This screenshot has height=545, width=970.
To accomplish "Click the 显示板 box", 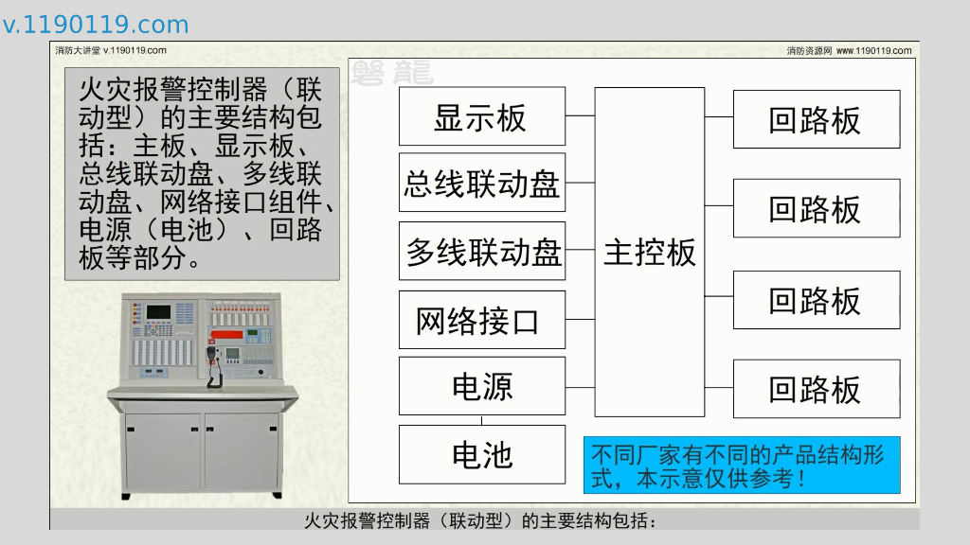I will tap(481, 116).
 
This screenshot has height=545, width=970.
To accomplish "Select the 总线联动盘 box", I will tap(481, 183).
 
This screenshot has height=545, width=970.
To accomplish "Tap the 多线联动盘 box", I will tap(481, 251).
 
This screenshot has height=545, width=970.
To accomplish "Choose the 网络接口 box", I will tap(481, 320).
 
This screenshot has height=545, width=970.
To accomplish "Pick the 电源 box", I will tap(481, 386).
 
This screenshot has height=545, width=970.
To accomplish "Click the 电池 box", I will tap(481, 454).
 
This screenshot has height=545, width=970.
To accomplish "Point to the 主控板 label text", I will tap(650, 253).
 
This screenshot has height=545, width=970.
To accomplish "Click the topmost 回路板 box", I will tap(816, 119).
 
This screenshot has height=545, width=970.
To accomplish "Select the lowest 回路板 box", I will tap(816, 388).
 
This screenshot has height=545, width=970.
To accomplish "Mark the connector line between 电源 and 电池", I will tap(482, 420).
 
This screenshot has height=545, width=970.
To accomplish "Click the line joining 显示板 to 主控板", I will tap(580, 116).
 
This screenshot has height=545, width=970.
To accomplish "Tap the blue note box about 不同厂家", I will tap(742, 465).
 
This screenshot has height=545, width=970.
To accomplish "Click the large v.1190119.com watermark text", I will tap(96, 25).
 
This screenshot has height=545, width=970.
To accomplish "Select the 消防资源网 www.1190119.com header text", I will tap(849, 51).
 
